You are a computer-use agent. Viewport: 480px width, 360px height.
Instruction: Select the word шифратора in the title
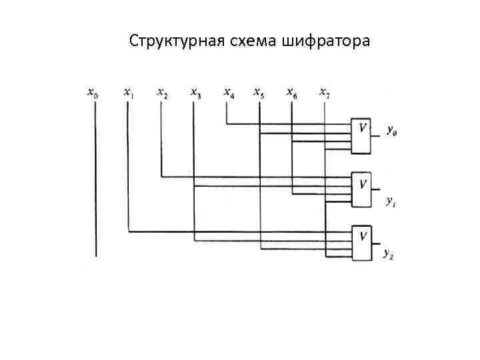pos(327,41)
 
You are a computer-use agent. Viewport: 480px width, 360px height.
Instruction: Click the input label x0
pos(93,93)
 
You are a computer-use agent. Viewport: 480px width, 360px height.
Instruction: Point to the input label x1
pos(129,93)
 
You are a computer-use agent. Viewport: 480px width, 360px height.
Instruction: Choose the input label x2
pos(162,93)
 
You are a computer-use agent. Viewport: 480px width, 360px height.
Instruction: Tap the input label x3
pos(195,93)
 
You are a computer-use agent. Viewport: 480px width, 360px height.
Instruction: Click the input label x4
pos(229,93)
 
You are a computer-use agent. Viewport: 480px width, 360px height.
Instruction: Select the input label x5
pos(259,93)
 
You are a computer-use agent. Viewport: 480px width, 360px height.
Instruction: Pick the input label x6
pos(292,93)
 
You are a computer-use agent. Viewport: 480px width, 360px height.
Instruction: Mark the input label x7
pos(325,93)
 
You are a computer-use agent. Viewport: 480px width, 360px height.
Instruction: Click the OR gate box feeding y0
pos(363,136)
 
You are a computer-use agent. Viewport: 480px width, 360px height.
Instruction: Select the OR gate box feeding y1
pos(363,189)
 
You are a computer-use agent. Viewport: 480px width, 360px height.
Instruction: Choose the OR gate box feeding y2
pos(363,243)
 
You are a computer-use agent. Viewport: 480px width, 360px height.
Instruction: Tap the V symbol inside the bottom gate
pos(363,235)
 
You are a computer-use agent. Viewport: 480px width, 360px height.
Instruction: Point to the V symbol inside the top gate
pos(363,127)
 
